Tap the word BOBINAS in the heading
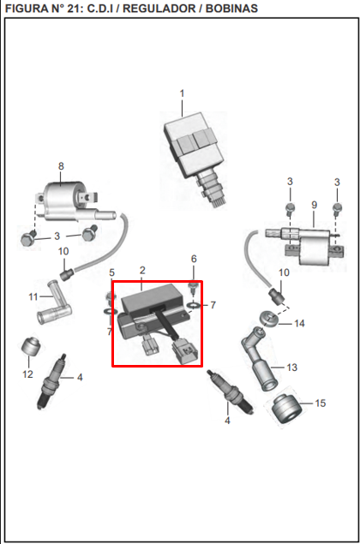(x=231, y=9)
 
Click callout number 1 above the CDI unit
(x=182, y=93)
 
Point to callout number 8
(x=61, y=166)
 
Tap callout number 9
(x=315, y=205)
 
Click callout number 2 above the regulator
(x=142, y=270)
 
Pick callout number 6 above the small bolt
(x=194, y=259)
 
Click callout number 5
(x=111, y=272)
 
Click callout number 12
(x=27, y=374)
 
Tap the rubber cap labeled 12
(x=31, y=346)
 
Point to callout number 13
(x=292, y=367)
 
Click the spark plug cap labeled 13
(x=259, y=358)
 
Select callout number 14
(x=299, y=323)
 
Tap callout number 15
(x=320, y=404)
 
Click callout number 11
(x=33, y=296)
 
